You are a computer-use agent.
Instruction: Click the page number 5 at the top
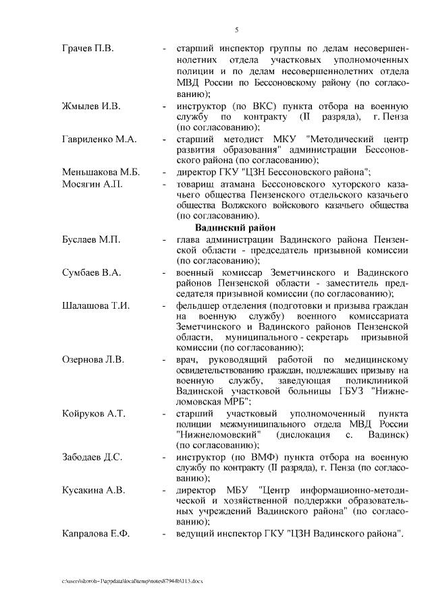[236, 29]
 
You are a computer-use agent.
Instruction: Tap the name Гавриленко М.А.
[99, 140]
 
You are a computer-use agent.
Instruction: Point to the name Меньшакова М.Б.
[100, 172]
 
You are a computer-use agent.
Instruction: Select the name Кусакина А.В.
[93, 490]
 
